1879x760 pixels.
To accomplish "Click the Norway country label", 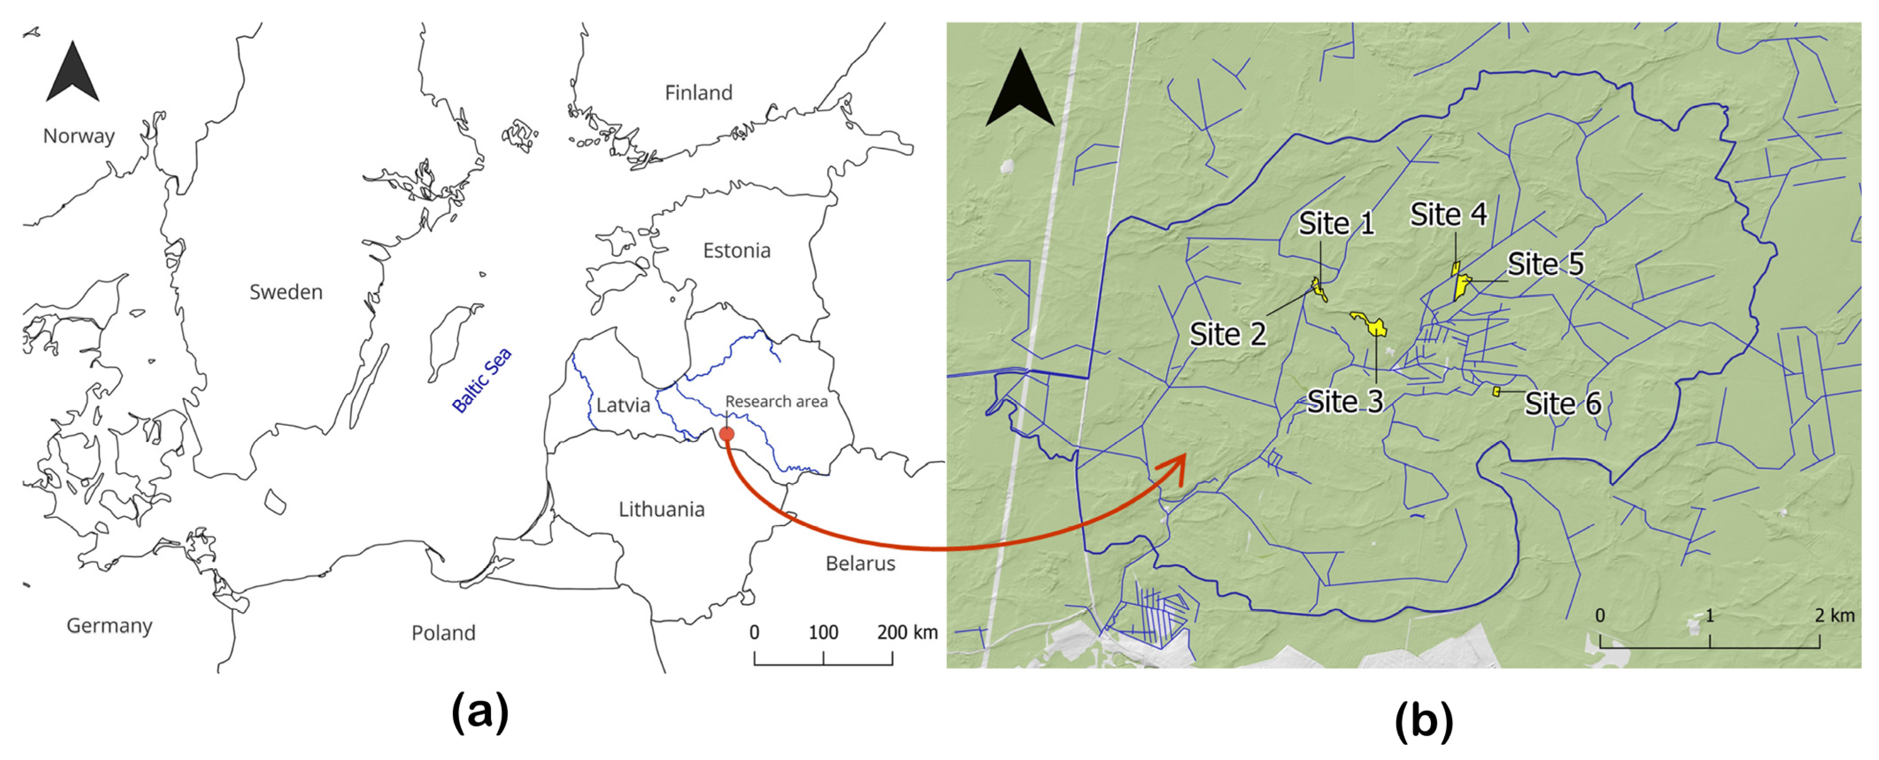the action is (79, 136).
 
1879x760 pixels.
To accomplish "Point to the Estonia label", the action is (736, 251).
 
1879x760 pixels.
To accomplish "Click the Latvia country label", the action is (622, 405).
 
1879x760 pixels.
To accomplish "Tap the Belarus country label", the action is (860, 564).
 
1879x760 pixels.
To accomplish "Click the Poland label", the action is (443, 633).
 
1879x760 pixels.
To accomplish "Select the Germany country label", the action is (109, 626).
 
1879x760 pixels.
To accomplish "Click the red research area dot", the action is (727, 434).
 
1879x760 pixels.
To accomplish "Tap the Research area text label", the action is (776, 402).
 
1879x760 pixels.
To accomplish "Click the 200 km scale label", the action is (907, 633).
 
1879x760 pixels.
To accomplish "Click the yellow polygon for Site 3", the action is (1371, 324).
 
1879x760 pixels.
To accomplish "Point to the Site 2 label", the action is (1228, 335).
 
